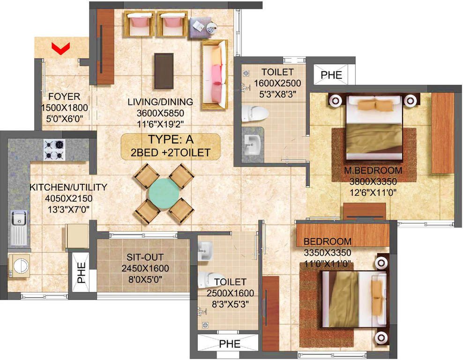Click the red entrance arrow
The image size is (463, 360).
60,48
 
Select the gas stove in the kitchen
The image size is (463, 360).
55,150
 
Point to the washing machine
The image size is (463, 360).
19,266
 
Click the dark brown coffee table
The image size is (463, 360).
164,71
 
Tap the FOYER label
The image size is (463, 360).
64,97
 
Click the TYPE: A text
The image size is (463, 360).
171,139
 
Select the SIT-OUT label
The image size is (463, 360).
145,257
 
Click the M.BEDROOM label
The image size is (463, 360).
373,170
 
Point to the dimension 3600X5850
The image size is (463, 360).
160,113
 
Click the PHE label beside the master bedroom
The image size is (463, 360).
331,75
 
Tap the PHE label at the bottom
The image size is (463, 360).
230,344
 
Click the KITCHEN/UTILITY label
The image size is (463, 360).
68,187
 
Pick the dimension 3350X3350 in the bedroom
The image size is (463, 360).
328,253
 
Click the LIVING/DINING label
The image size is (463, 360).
160,102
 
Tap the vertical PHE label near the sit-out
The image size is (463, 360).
81,273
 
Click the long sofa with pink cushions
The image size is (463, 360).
215,75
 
